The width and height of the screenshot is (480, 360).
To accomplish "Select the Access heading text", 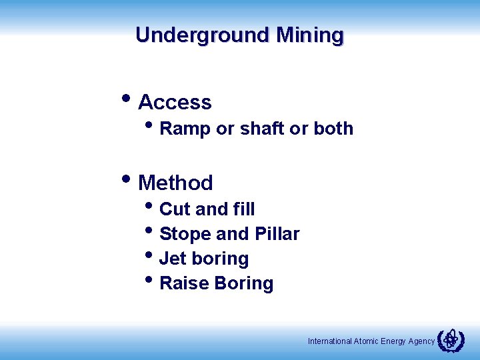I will click(x=175, y=103).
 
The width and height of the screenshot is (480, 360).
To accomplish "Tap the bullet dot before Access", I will click(x=127, y=99).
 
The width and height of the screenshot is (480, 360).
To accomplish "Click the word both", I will click(x=333, y=129).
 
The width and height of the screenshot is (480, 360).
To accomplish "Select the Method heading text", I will click(x=175, y=183).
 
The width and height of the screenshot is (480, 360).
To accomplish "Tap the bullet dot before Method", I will click(x=127, y=179).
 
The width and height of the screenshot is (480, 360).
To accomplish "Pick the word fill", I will click(x=244, y=209).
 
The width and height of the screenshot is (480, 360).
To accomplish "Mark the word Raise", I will click(x=185, y=283).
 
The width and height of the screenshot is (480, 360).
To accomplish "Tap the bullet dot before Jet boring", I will click(x=149, y=255).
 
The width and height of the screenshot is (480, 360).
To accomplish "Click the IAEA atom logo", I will click(x=451, y=340).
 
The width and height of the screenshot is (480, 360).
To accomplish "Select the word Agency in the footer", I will click(x=421, y=341).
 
